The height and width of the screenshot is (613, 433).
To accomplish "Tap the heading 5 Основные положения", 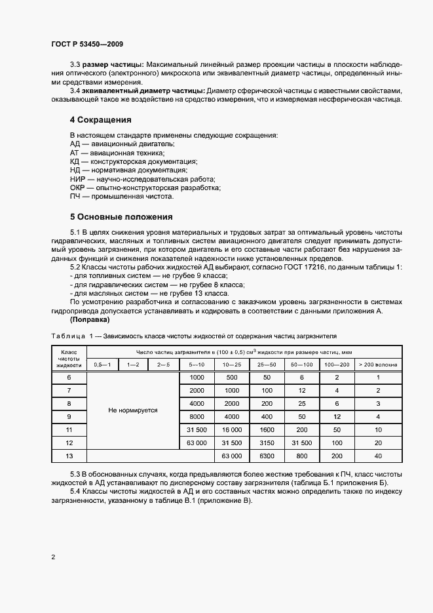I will coord(121,216).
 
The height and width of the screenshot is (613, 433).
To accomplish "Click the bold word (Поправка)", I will coord(89,320).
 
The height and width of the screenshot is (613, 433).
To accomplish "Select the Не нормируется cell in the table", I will coord(133,410).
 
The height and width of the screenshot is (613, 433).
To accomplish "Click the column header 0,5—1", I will coord(103,365).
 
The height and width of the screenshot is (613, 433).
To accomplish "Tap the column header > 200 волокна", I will coord(378,365).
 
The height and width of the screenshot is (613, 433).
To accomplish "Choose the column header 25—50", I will coord(267,365).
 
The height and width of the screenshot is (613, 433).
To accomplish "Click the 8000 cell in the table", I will coord(197,416).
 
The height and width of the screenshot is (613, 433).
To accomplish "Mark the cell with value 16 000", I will coord(231,429).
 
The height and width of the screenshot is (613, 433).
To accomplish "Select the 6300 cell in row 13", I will coord(267,455).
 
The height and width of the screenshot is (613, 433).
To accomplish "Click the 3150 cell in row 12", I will coord(267,443).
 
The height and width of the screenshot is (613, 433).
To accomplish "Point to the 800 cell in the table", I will coord(301,455).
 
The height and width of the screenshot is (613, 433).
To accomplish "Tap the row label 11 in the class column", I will coord(69,429).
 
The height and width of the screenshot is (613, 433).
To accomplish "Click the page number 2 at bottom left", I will coord(53,557).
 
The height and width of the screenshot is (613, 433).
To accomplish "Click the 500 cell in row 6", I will coord(231,378).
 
